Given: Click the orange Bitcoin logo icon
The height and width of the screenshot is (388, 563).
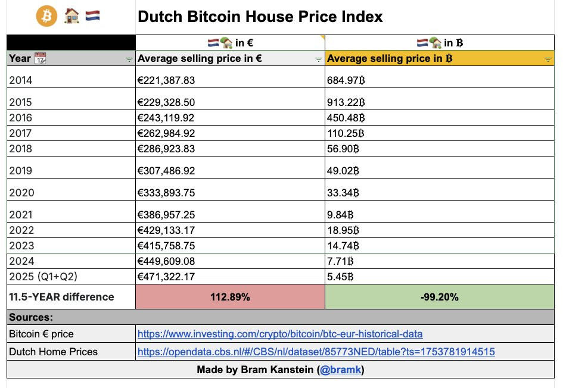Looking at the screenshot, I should click(x=46, y=16).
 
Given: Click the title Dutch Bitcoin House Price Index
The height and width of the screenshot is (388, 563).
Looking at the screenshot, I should click(x=260, y=16).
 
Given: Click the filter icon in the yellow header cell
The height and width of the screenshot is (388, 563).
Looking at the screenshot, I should click(x=548, y=60).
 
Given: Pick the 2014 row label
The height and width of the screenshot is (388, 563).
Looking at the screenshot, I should click(x=21, y=80).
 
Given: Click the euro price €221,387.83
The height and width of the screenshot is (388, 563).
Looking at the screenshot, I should click(x=166, y=80).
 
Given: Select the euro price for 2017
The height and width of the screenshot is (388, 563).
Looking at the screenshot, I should click(x=166, y=133).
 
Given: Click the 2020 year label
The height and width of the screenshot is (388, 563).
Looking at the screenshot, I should click(x=21, y=192).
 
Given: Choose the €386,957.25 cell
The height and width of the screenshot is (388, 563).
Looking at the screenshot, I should click(x=166, y=215).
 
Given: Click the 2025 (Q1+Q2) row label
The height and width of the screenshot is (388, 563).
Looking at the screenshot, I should click(x=42, y=276).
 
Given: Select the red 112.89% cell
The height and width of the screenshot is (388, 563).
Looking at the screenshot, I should click(x=230, y=296).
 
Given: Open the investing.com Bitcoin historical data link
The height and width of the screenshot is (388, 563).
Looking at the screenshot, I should click(x=280, y=334).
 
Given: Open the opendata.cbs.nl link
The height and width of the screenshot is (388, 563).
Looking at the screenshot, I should click(x=316, y=352).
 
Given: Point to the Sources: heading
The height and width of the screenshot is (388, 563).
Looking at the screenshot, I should click(x=31, y=317).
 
